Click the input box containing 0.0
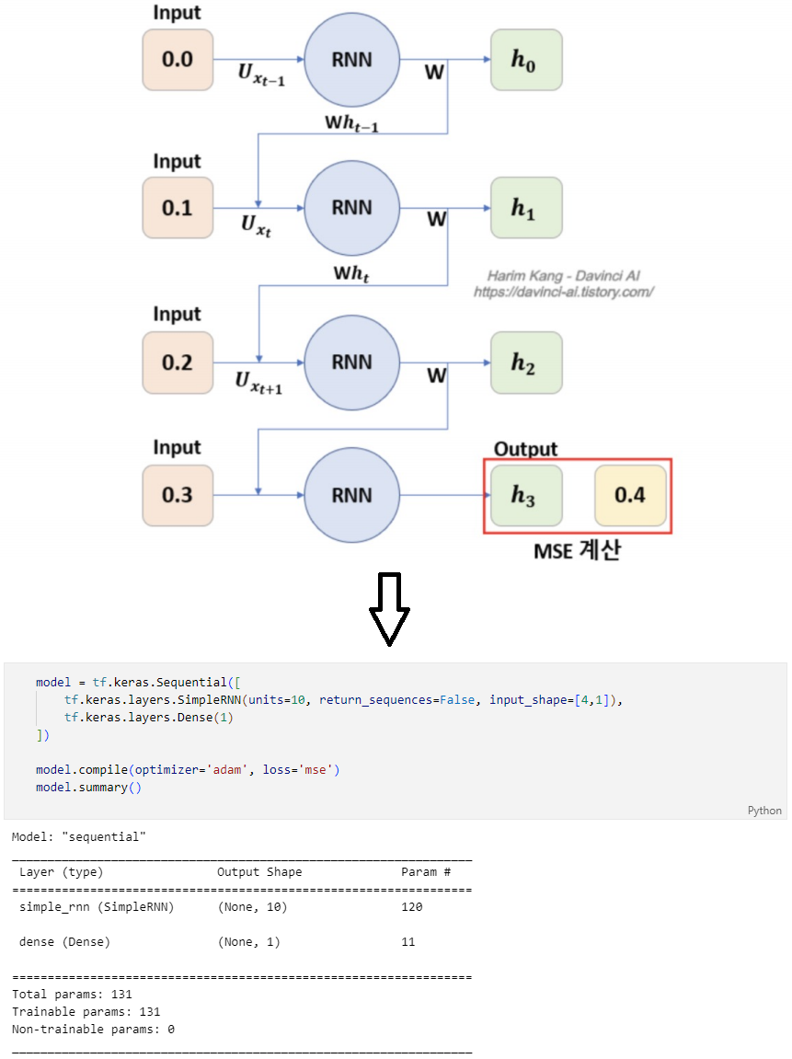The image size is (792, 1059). tap(178, 60)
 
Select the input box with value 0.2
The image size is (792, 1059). tap(178, 363)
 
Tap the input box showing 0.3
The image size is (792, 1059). tap(178, 496)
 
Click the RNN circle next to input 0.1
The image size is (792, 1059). tap(351, 208)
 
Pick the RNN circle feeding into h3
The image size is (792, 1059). tap(351, 496)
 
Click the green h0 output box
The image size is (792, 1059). tap(525, 60)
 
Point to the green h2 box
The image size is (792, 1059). tap(525, 363)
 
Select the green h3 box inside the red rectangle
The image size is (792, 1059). tap(525, 496)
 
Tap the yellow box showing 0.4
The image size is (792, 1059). tap(630, 496)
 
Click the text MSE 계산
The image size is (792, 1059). tap(577, 552)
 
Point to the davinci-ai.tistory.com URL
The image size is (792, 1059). tap(563, 292)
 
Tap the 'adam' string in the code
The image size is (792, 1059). tap(226, 769)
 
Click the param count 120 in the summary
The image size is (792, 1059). tap(411, 907)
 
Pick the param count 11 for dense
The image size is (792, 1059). tap(407, 942)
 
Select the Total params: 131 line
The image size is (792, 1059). tap(72, 995)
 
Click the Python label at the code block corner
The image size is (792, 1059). tap(764, 811)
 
